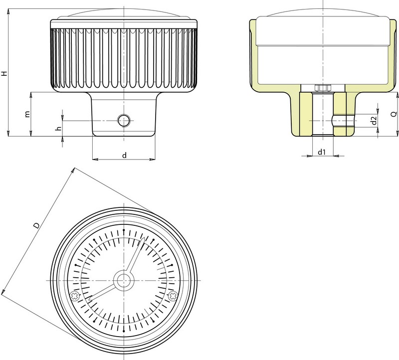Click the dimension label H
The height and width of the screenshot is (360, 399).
[4, 73]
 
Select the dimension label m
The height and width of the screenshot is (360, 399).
[27, 114]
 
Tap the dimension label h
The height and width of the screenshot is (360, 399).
[59, 129]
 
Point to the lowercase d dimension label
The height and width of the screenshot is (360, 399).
[124, 155]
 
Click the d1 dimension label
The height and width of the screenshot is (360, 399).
[322, 152]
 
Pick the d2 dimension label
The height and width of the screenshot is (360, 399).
[374, 121]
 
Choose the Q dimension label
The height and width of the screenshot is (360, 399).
[394, 114]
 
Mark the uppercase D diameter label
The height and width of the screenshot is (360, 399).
[37, 225]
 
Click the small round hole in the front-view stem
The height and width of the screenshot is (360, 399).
[124, 121]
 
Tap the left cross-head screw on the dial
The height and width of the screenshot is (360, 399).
[74, 296]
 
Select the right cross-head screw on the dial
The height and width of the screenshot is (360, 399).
[173, 296]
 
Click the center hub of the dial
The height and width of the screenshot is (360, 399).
[124, 281]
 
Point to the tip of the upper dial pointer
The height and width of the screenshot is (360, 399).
[145, 237]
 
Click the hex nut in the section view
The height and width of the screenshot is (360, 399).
[323, 88]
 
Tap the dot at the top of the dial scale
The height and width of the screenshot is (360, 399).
[124, 230]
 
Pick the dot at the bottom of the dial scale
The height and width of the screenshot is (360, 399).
[124, 331]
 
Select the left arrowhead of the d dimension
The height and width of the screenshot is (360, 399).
[95, 160]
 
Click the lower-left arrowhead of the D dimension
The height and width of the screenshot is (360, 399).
[4, 291]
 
